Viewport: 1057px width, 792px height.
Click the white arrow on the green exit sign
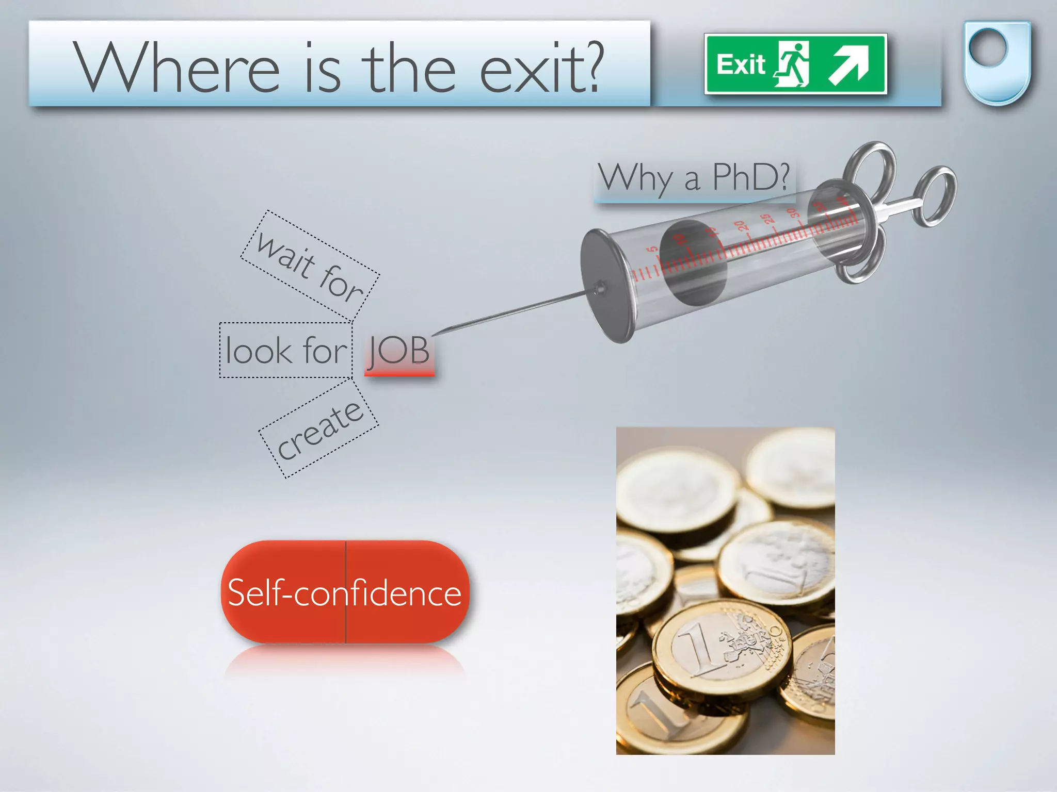pyautogui.click(x=849, y=65)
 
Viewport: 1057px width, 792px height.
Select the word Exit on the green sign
pyautogui.click(x=740, y=65)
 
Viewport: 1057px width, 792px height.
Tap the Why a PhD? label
pyautogui.click(x=694, y=178)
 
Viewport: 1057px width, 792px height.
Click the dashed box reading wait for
pyautogui.click(x=310, y=265)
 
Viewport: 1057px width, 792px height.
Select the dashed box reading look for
pyautogui.click(x=285, y=350)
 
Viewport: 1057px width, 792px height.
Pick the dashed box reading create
pyautogui.click(x=319, y=430)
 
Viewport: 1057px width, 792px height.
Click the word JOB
pyautogui.click(x=399, y=351)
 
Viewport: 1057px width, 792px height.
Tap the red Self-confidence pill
pyautogui.click(x=345, y=592)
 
